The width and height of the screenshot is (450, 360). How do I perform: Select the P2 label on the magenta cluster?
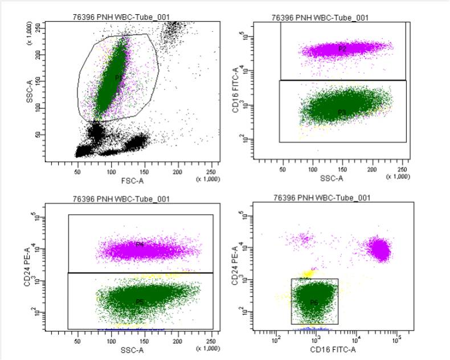[342, 49]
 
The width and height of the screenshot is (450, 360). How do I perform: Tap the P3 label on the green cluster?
[342, 112]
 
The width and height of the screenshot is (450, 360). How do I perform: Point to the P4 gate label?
[139, 245]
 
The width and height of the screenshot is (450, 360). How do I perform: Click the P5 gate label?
[139, 301]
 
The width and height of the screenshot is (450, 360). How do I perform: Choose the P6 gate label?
[314, 302]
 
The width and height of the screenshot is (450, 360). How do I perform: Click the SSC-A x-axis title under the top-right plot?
[332, 178]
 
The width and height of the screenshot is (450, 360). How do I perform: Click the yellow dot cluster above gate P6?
[309, 274]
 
